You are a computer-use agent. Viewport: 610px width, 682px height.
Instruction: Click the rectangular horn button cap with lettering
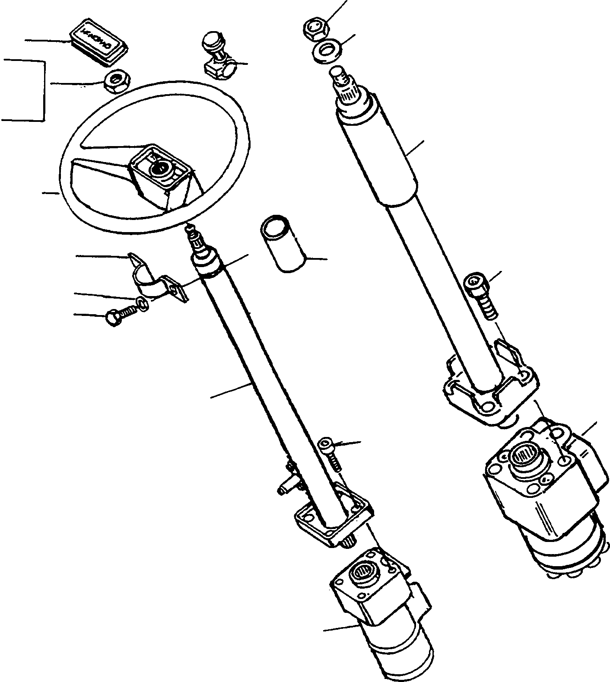[x=98, y=44]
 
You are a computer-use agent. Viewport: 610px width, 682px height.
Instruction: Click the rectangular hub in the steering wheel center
[x=161, y=175]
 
